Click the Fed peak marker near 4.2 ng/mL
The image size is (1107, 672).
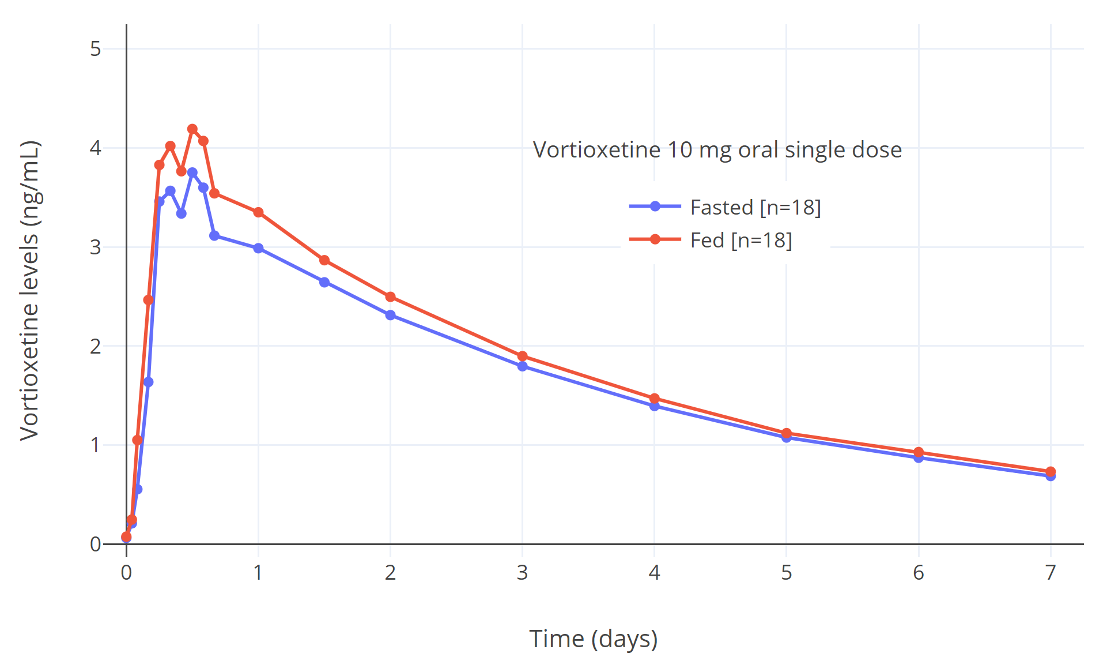[192, 129]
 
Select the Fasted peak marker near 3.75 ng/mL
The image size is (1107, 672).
[192, 172]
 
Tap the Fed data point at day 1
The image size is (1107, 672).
[258, 212]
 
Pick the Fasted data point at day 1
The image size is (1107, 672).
[258, 248]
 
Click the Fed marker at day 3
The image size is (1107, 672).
[522, 356]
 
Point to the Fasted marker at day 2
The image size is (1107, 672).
[390, 315]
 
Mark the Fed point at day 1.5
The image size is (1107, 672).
[324, 260]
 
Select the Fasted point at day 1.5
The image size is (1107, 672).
[324, 282]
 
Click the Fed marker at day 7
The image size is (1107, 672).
[1051, 472]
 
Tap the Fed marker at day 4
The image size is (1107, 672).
[654, 399]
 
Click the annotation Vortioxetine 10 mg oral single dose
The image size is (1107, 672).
[717, 150]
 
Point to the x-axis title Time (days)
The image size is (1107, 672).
[593, 639]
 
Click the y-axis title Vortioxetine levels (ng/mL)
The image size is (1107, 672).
[29, 290]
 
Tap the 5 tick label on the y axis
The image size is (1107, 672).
[96, 49]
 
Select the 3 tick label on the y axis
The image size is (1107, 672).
[96, 247]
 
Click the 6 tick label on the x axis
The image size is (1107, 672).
[919, 573]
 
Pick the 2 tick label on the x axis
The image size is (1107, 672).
[390, 573]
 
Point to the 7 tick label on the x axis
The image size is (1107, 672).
[1051, 573]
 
